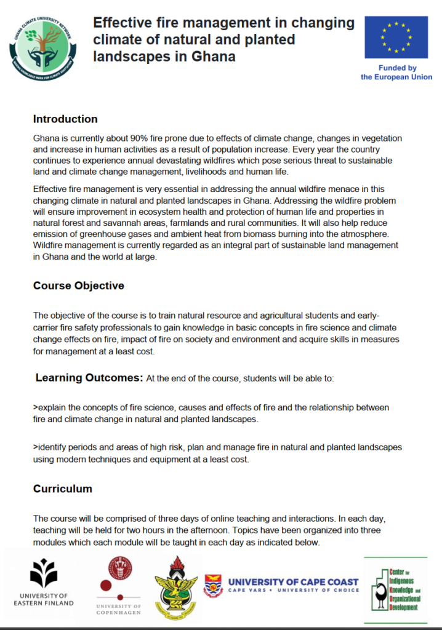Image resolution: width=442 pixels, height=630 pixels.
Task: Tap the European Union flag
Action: tap(396, 38)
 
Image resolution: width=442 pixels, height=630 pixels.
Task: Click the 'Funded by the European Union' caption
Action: tap(396, 73)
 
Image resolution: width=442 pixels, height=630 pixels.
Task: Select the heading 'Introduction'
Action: tap(65, 119)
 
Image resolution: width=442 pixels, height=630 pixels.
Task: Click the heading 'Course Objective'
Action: tap(79, 285)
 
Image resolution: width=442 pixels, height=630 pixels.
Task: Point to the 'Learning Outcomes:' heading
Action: tap(89, 377)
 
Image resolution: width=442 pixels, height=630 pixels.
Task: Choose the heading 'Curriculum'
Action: tap(63, 488)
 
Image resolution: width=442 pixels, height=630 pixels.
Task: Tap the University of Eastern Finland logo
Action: tap(44, 581)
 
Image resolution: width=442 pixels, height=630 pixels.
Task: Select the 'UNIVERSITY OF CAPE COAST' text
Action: tap(294, 581)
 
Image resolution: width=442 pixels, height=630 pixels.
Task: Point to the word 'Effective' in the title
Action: tap(121, 23)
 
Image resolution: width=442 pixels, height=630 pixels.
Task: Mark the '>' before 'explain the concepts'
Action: tap(36, 408)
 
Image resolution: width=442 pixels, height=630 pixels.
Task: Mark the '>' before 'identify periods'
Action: tap(36, 447)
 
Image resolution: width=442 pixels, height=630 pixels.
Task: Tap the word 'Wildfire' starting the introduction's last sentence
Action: tap(49, 245)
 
